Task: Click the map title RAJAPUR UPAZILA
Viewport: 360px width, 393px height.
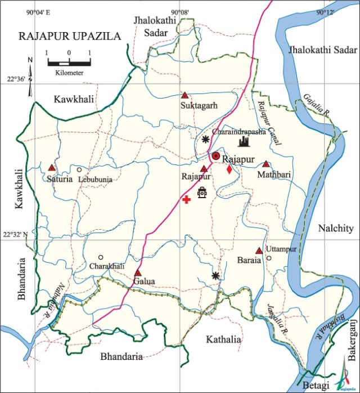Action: coord(70,36)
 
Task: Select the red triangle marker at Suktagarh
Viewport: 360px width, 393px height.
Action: coord(184,95)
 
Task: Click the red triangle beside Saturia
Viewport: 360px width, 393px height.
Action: coord(52,168)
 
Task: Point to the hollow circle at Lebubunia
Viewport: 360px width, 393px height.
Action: coord(79,169)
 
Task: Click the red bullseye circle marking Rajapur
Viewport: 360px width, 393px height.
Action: coord(215,155)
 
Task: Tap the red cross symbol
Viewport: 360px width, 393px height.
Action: coord(186,199)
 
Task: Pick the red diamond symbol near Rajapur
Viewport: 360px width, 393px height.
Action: coord(229,169)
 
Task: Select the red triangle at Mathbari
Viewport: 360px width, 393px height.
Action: coord(265,164)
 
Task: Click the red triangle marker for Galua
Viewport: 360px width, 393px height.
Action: coord(137,273)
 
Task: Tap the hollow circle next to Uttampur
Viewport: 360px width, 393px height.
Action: coord(269,258)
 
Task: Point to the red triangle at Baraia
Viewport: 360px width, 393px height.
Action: coord(259,251)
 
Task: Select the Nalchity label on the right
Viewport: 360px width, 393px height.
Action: coord(335,228)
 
